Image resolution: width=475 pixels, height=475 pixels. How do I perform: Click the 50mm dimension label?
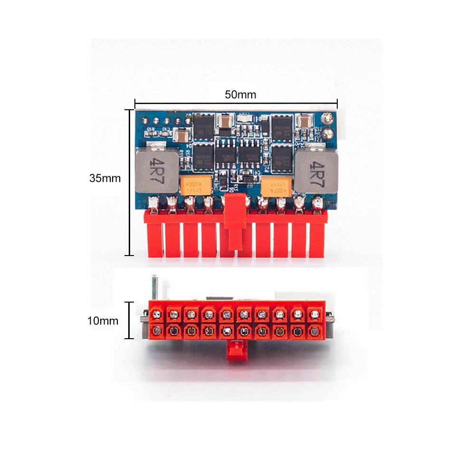[x=240, y=95]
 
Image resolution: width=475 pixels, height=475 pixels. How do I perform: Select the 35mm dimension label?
[x=105, y=179]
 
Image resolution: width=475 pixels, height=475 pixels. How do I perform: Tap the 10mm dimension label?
[x=103, y=321]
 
